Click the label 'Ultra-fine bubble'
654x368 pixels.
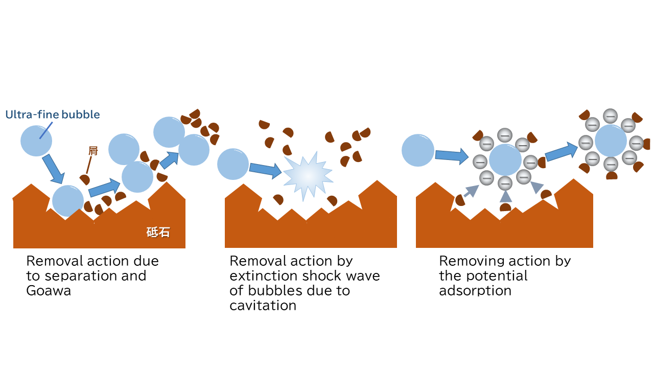(53, 114)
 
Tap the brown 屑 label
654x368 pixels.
(93, 151)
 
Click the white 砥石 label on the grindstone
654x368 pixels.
(158, 233)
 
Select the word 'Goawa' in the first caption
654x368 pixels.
(49, 291)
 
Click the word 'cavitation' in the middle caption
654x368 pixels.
(263, 306)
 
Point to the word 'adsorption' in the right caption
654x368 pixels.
(475, 291)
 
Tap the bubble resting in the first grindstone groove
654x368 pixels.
(68, 201)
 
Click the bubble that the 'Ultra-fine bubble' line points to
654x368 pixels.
(36, 141)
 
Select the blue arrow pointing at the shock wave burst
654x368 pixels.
(265, 170)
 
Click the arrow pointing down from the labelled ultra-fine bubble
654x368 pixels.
(54, 169)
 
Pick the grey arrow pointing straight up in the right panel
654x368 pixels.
(506, 196)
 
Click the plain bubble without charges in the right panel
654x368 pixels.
(418, 150)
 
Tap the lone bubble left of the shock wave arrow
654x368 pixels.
(232, 164)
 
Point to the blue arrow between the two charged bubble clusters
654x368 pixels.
(561, 152)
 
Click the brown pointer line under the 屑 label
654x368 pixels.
(89, 165)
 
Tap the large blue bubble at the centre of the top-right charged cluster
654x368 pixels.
(611, 141)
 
